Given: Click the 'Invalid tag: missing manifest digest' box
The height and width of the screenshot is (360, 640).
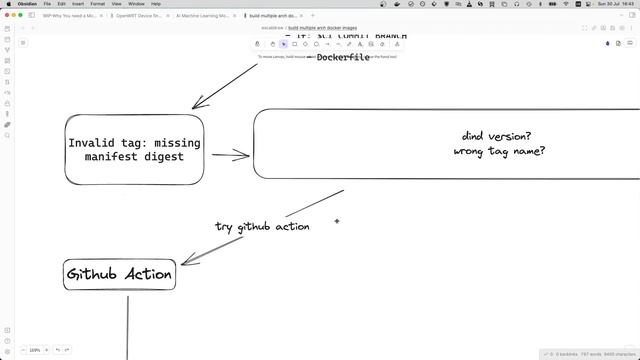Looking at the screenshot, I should coord(134,150).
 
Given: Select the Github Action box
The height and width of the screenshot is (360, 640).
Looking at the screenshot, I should coord(119,274).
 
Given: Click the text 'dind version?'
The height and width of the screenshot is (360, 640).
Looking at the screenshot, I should coord(496,136).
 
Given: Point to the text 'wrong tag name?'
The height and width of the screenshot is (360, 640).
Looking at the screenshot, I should coord(499,152).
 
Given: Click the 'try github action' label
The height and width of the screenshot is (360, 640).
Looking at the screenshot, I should coord(262,227).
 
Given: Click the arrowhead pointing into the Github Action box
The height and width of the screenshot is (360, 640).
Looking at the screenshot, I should coord(187,262).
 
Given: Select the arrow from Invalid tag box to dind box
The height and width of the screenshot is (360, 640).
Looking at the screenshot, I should coord(230,155).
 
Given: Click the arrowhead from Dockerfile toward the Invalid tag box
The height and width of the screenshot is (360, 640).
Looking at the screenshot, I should coord(196,105).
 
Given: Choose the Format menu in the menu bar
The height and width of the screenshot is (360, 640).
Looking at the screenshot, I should coord(97,4).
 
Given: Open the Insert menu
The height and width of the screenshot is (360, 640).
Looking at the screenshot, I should coord(78,4).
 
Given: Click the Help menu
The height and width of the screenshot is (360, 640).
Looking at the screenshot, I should coord(155,4).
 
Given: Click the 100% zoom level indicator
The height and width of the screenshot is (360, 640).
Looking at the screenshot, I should coord(35,350).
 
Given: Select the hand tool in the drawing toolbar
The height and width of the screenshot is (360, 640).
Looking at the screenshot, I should coord(273,44).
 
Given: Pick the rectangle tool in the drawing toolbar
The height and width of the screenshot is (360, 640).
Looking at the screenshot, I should coord(294,44).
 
